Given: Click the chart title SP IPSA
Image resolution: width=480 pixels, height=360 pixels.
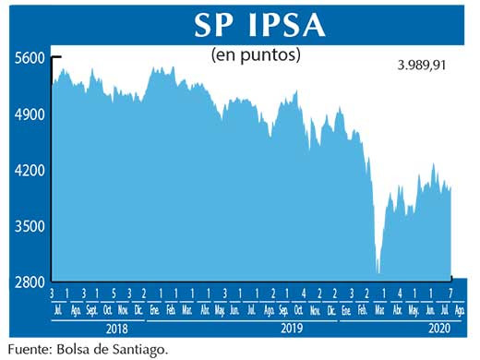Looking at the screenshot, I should point(259,26).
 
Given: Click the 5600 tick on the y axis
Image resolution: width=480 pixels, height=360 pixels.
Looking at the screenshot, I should point(30,58).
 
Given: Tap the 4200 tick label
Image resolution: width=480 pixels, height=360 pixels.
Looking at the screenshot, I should point(30,171).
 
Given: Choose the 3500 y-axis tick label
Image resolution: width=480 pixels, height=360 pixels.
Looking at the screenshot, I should point(30,226).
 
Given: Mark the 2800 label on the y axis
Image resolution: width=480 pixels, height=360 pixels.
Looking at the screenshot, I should point(30,282).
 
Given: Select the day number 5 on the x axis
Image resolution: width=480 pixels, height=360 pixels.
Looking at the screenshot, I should point(114,294).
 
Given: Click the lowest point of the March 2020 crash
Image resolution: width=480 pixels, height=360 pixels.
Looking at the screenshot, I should point(378,273).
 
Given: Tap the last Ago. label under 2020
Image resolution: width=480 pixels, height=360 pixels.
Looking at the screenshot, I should point(459,308).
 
